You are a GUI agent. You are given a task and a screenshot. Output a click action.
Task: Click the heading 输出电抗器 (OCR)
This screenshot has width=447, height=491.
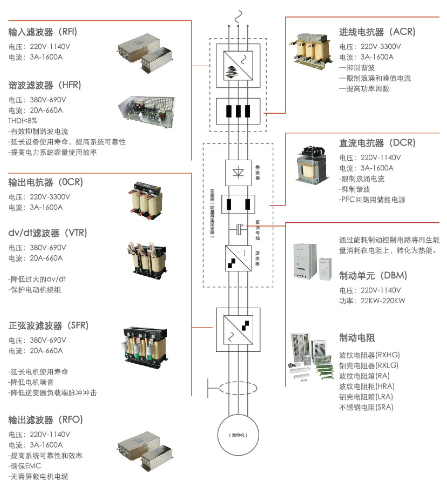[48, 181]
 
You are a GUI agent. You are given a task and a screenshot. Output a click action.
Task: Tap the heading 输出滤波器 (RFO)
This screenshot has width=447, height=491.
[48, 420]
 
